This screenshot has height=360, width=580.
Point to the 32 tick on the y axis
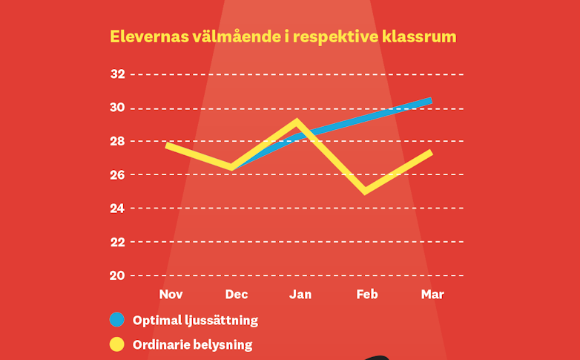tap(117, 74)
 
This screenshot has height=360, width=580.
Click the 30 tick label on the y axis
tap(117, 108)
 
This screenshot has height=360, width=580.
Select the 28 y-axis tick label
tap(117, 141)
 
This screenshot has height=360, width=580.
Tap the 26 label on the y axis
tap(117, 175)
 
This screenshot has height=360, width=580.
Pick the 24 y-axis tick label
tap(117, 209)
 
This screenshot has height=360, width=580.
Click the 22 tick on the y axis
tap(117, 242)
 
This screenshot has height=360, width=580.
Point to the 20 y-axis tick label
tap(117, 275)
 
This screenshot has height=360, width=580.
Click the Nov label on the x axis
tap(171, 295)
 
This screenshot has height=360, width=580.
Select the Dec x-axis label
tap(237, 295)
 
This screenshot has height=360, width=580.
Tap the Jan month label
tap(300, 295)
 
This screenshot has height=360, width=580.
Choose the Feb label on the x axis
tap(366, 295)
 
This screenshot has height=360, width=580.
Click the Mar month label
tap(432, 295)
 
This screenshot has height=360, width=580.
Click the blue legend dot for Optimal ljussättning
tap(116, 321)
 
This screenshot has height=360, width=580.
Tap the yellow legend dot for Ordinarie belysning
tap(116, 344)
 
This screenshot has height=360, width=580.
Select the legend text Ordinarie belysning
tap(192, 344)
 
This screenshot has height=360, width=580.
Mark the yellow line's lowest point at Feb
tap(365, 192)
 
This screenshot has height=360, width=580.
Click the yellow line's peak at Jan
tap(297, 122)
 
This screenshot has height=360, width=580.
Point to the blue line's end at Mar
tap(429, 101)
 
